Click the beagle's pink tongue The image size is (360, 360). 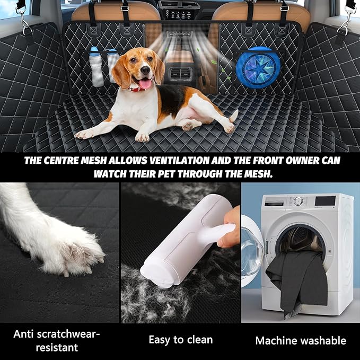click(144, 84)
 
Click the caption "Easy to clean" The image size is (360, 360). click(180, 339)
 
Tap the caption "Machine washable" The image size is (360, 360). click(301, 340)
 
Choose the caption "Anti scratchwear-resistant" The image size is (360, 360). click(57, 340)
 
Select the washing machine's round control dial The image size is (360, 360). click(298, 201)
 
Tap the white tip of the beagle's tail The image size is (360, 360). click(234, 115)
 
